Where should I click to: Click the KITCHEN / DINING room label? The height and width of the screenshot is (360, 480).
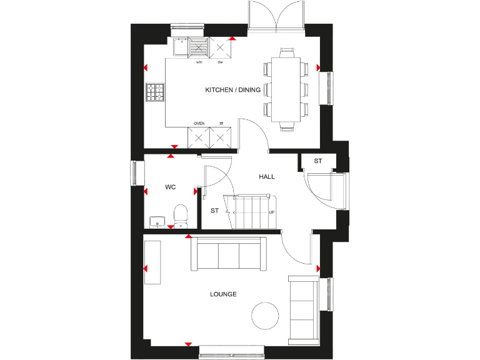(x=232, y=90)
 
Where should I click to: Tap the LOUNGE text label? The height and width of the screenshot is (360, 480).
(x=223, y=294)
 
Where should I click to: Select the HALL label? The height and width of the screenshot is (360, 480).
(x=267, y=177)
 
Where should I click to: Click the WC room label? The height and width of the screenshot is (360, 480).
(x=170, y=187)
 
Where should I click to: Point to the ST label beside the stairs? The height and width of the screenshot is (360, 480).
(x=214, y=211)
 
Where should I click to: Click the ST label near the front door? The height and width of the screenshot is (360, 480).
(x=317, y=161)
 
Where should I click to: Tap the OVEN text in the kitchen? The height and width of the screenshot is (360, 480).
(x=199, y=124)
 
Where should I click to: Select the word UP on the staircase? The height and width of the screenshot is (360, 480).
(x=271, y=212)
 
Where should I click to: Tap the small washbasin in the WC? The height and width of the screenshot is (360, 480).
(x=156, y=221)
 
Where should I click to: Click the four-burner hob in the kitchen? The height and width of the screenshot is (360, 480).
(x=155, y=92)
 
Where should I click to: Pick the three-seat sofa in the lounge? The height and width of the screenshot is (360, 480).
(x=226, y=256)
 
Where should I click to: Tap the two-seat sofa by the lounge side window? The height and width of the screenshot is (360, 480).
(x=302, y=309)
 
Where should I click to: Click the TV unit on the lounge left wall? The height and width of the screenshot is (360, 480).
(x=152, y=262)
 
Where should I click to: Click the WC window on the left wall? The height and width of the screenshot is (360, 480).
(x=134, y=173)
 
